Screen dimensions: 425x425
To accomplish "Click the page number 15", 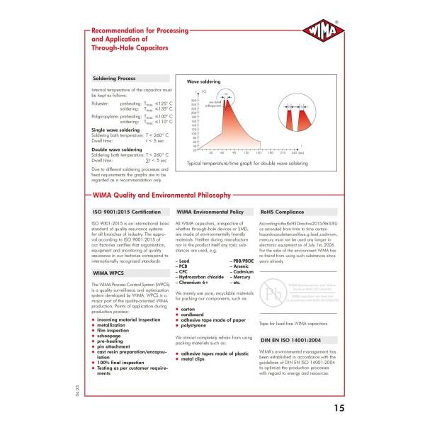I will click(336, 407).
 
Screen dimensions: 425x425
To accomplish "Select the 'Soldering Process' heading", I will click(114, 79).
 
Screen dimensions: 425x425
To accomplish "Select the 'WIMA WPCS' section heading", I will click(107, 272).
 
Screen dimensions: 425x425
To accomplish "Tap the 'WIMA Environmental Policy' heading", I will click(210, 211).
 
